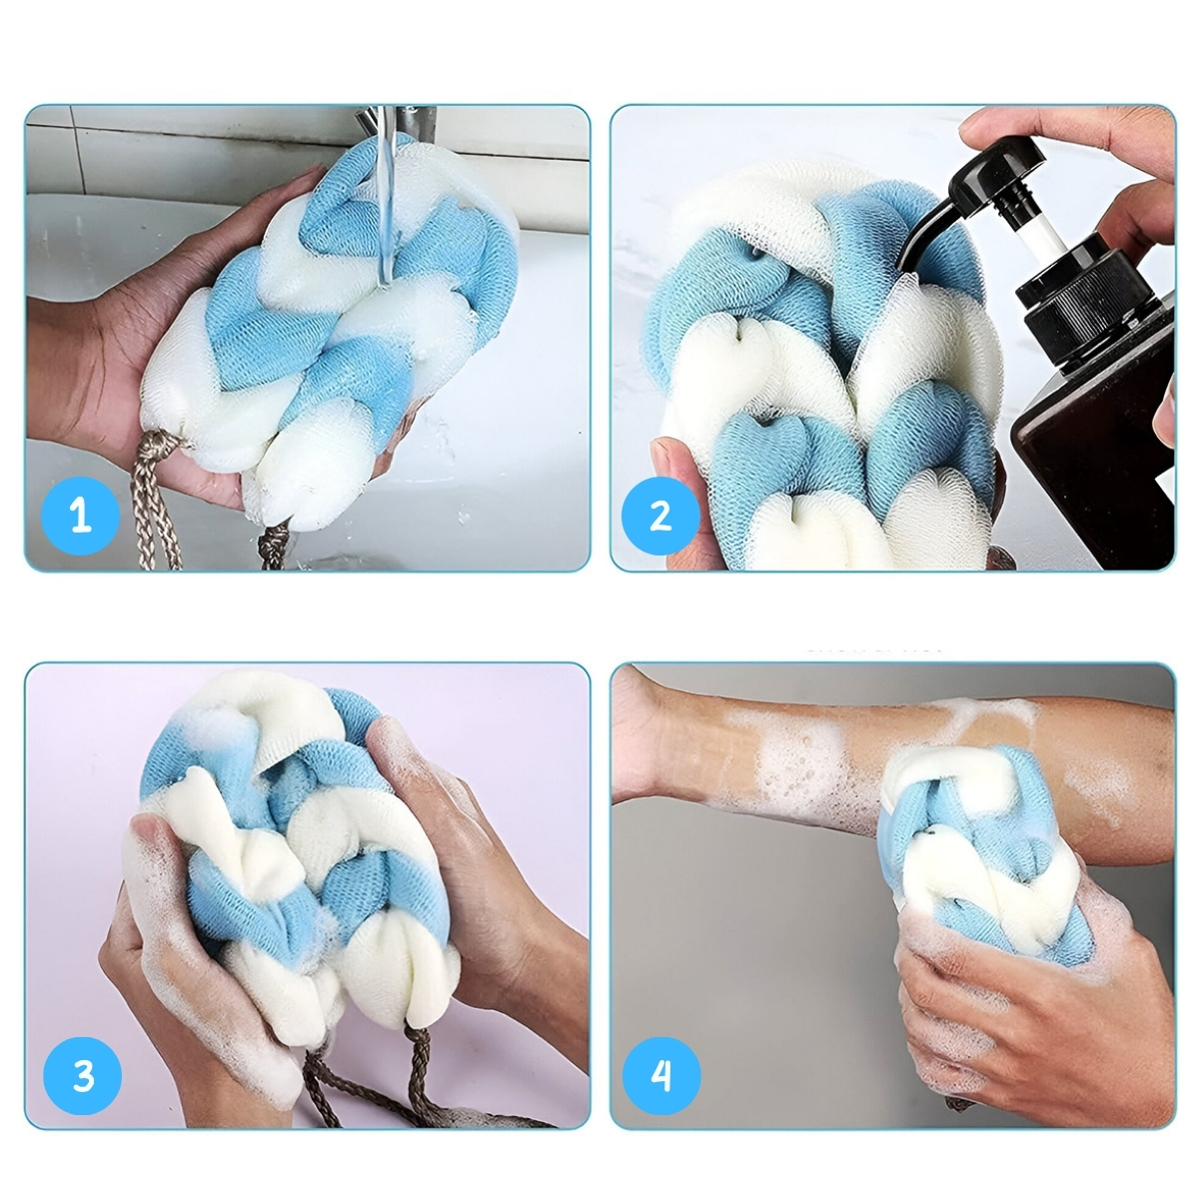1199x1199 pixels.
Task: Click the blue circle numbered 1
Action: click(x=80, y=516)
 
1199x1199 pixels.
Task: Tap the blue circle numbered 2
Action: click(x=660, y=516)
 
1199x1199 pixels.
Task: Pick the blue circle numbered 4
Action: click(x=662, y=1075)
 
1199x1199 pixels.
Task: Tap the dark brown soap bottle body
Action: click(x=1095, y=461)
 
